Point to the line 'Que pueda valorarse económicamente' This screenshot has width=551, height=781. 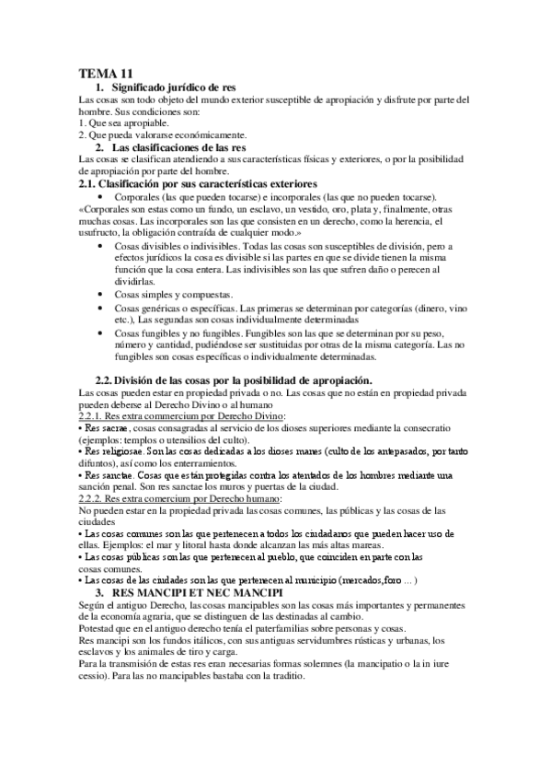point(163,135)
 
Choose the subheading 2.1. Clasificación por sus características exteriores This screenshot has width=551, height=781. point(199,184)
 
